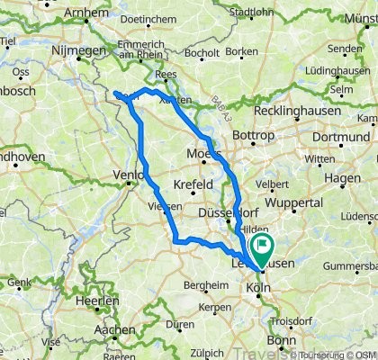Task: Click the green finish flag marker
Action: click(264, 244)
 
